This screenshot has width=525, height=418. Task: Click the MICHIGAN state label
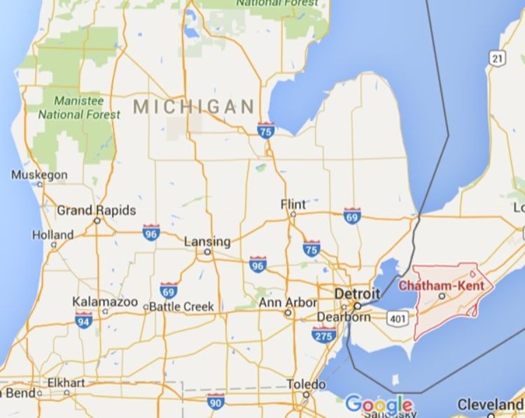[193, 107]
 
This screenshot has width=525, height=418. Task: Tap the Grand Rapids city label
[96, 210]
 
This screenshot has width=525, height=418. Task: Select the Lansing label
[207, 242]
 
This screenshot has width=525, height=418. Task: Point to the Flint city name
[293, 205]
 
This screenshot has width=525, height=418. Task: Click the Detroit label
[357, 294]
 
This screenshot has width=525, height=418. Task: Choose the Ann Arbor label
[287, 303]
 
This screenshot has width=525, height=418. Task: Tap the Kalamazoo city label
[105, 302]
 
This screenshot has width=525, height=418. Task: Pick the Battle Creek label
[181, 306]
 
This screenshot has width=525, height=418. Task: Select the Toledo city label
[307, 384]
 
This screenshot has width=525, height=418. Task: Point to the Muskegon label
[40, 175]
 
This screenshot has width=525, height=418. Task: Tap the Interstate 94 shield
[84, 321]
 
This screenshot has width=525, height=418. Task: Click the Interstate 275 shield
[323, 336]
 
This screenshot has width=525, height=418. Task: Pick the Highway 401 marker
[395, 319]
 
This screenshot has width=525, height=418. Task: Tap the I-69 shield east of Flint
[352, 215]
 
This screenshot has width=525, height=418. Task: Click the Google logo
[379, 405]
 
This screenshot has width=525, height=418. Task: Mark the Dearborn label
[344, 317]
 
